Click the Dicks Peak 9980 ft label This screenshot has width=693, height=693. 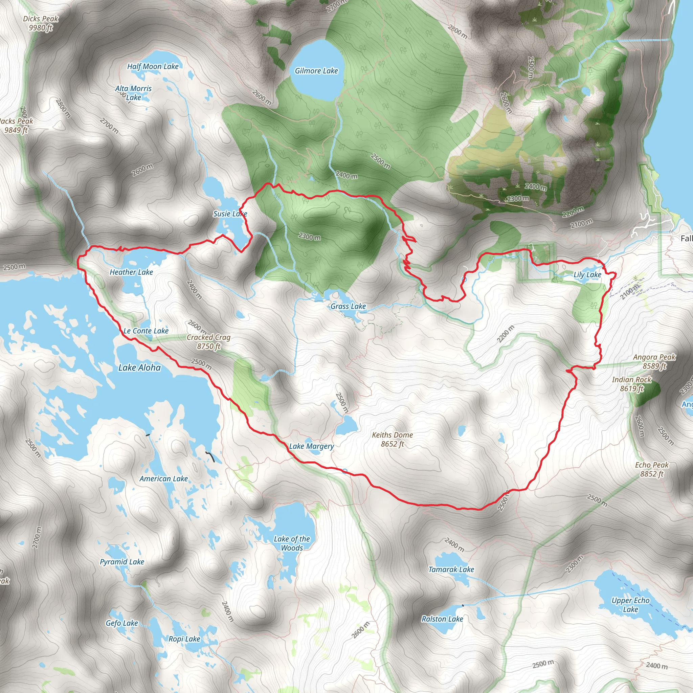click(41, 23)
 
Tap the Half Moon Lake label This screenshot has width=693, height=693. click(153, 66)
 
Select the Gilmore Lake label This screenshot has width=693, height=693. click(316, 71)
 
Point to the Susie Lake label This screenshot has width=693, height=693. click(230, 214)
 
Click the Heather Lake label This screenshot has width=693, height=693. click(131, 272)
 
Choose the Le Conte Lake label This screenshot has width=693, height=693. click(146, 331)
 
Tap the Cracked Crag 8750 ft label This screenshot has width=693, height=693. click(208, 341)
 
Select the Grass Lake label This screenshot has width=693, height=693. click(348, 306)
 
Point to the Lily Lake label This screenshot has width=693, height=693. click(587, 275)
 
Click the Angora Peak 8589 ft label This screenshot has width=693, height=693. click(654, 361)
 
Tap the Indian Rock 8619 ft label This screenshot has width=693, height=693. click(632, 384)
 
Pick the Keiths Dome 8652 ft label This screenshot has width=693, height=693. click(393, 439)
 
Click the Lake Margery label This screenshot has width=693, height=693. click(311, 446)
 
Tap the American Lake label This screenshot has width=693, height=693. click(163, 478)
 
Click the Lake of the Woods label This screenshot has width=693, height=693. click(292, 543)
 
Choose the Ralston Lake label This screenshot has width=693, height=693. click(442, 619)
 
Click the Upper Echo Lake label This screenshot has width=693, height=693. click(630, 604)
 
